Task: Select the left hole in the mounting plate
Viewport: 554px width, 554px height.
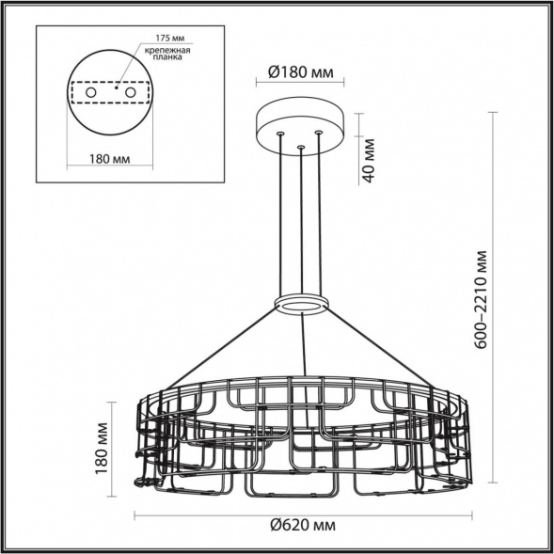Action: coord(90,94)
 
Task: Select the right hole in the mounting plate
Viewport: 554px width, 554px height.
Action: coord(132,94)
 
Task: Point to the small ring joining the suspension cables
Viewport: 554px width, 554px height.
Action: coord(300,305)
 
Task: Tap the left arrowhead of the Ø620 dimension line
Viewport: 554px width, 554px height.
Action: coord(137,514)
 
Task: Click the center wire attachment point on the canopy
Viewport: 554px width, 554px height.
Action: coord(300,147)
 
